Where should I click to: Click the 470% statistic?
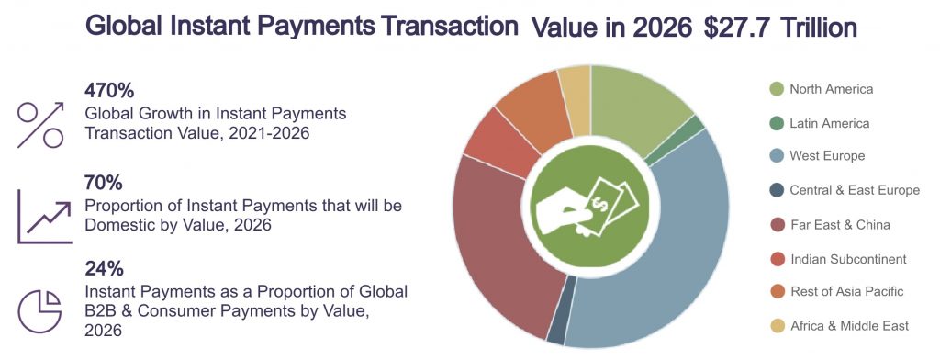tap(109, 91)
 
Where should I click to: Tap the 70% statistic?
tap(103, 183)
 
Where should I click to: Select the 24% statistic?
tap(104, 269)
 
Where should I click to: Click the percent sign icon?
tap(41, 124)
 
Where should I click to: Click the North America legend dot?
tap(776, 89)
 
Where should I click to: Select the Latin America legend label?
tap(828, 123)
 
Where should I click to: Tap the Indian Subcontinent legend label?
tap(847, 258)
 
